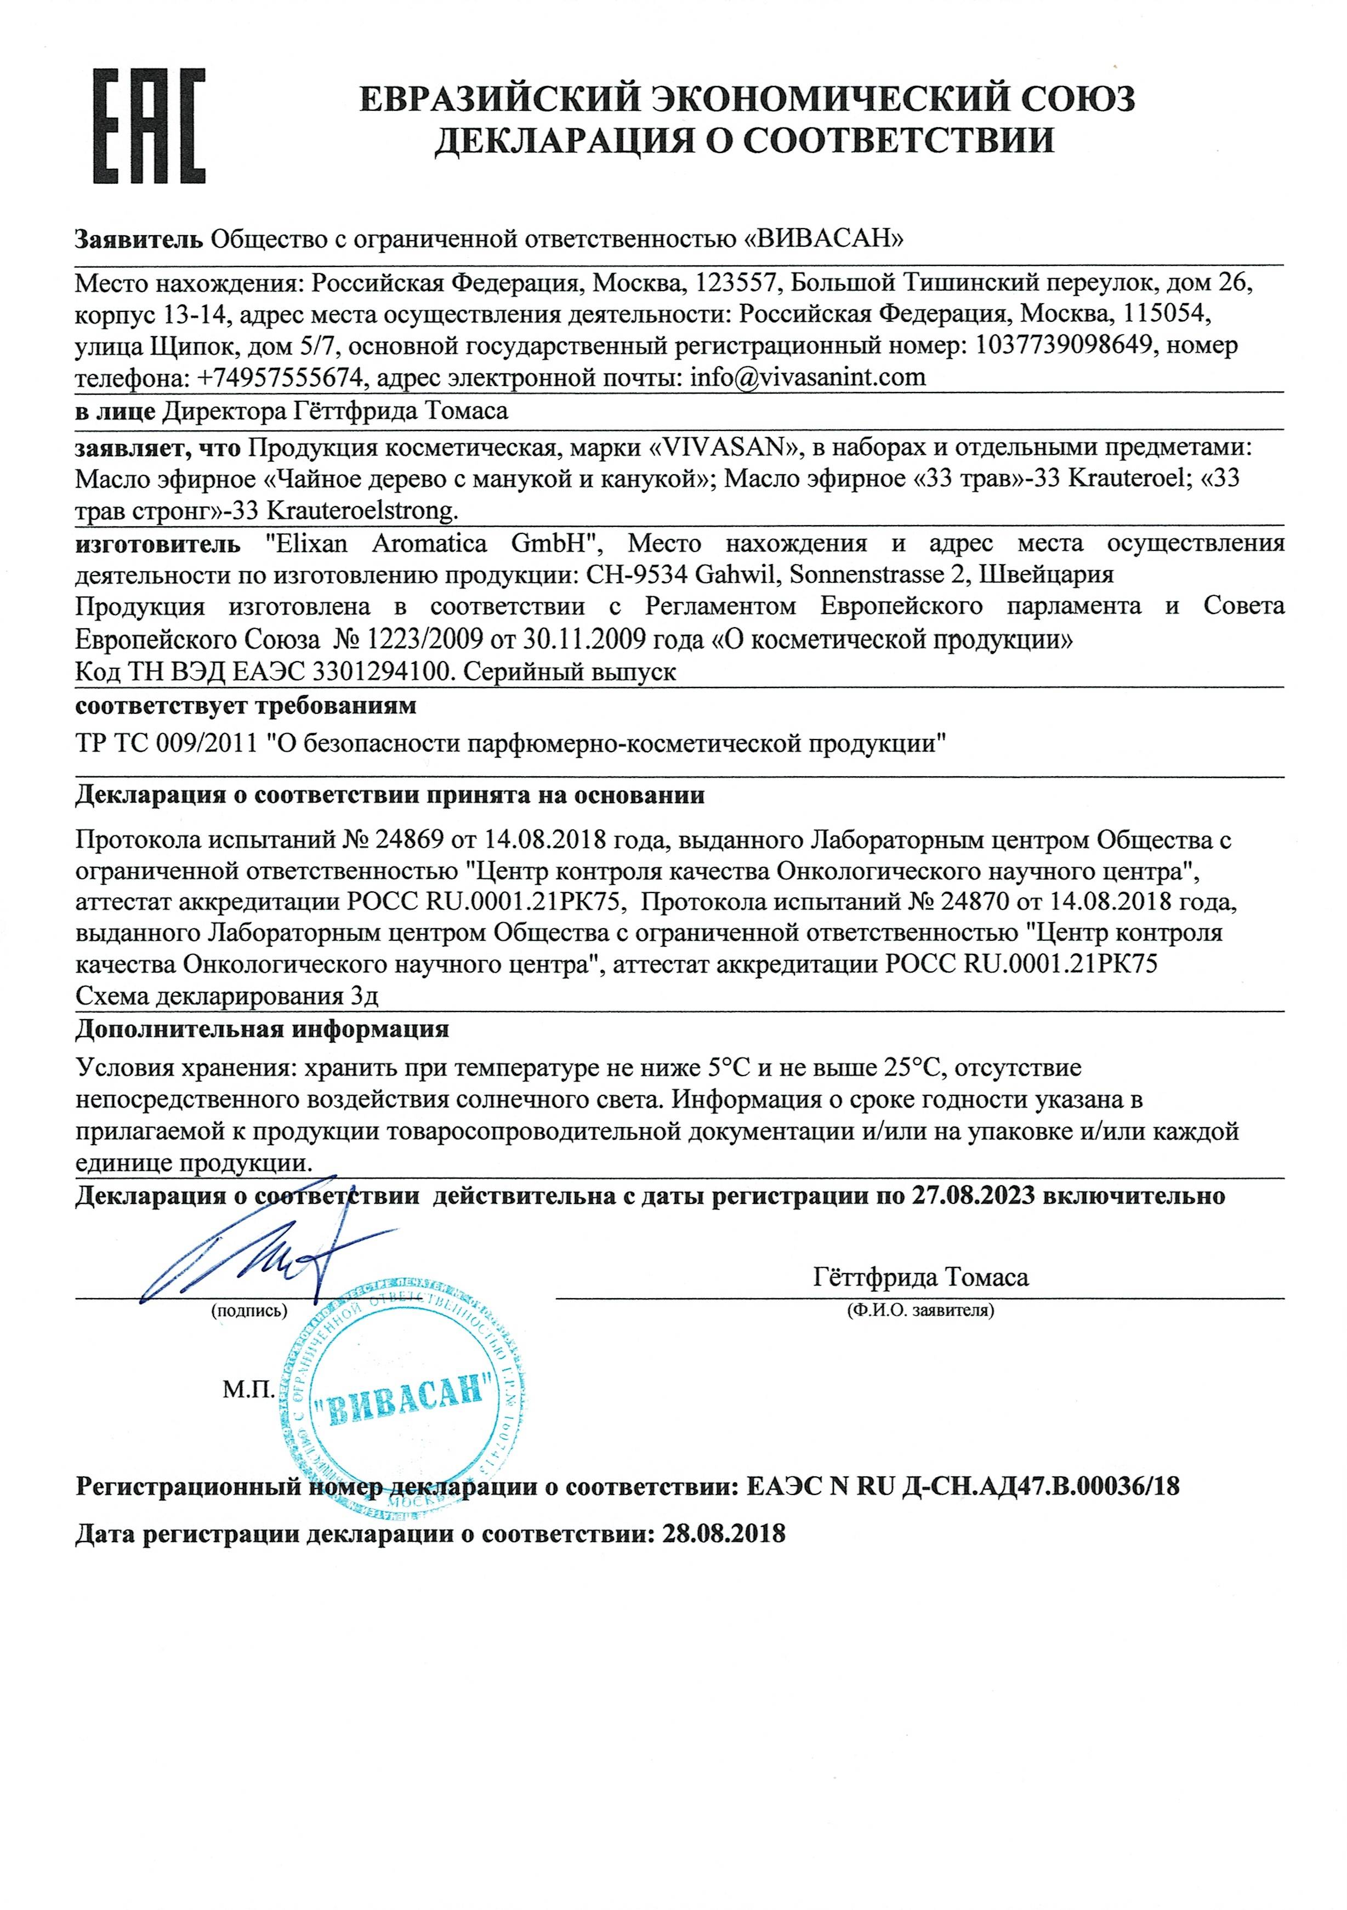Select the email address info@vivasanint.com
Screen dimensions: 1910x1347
pos(808,378)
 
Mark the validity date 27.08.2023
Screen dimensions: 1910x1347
pos(974,1196)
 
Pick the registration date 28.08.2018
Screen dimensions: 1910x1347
pos(724,1534)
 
